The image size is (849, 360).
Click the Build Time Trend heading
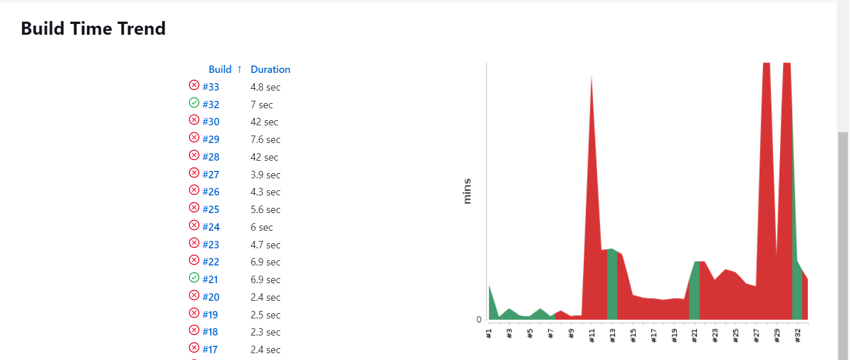(93, 28)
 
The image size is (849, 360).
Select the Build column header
(220, 69)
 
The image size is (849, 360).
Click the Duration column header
(270, 69)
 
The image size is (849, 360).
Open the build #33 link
(211, 87)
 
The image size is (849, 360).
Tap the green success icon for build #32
(194, 103)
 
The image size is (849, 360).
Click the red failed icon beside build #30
(194, 120)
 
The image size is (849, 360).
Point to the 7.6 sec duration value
(265, 140)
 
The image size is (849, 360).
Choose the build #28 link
(211, 157)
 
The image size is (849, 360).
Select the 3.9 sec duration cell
(265, 175)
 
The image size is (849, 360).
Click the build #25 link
(211, 210)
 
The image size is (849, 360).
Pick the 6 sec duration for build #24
(262, 227)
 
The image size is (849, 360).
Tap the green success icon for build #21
(194, 278)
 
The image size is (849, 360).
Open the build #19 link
(211, 315)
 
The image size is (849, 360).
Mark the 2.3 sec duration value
(265, 332)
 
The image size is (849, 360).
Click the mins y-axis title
(467, 191)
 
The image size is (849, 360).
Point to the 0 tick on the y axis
(479, 320)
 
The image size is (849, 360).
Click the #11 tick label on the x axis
(592, 335)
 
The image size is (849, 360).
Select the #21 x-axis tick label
(695, 335)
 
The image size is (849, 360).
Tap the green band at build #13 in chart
(612, 285)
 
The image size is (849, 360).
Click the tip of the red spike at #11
(592, 77)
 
